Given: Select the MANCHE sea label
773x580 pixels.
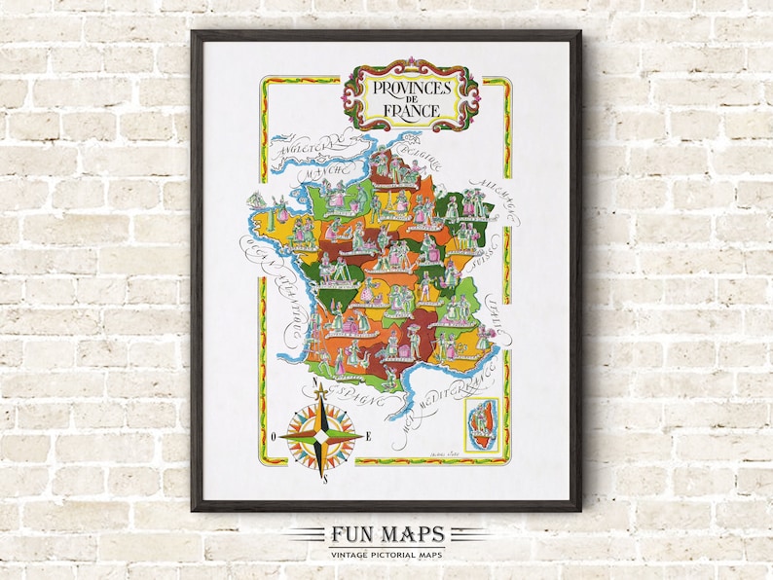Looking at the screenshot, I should click(320, 171).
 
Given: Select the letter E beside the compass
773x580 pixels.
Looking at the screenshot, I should click(369, 436).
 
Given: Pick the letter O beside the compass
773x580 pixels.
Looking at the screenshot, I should click(275, 436).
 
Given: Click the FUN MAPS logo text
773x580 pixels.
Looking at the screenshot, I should click(386, 534).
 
